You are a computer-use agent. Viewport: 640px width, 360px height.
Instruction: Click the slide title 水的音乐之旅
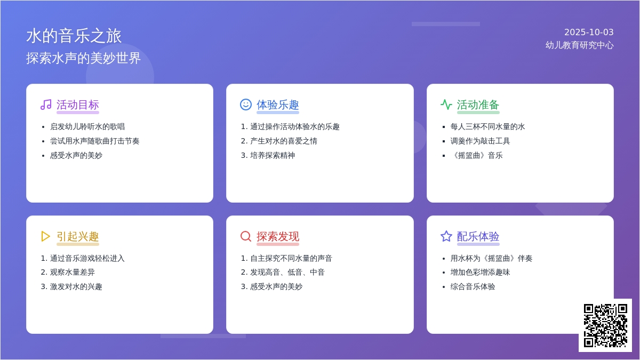pos(74,36)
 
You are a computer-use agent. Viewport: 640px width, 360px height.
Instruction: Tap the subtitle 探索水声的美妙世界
pos(83,58)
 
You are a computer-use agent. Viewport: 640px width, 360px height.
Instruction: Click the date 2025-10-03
pos(589,33)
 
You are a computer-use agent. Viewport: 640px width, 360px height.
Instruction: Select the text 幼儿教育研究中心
pos(579,45)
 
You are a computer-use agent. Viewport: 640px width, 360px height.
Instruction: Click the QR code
pos(605,325)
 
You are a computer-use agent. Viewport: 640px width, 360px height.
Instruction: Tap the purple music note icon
pos(46,105)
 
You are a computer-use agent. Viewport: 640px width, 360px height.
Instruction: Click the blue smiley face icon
pos(246,105)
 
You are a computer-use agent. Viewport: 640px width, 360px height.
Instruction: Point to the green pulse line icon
pos(446,105)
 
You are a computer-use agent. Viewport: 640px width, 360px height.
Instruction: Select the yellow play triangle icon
pos(45,236)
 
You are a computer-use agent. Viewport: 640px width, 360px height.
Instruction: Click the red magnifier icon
pos(246,236)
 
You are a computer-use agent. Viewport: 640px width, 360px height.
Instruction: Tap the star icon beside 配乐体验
pos(446,236)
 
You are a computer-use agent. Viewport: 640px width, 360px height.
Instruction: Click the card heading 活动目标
pos(78,105)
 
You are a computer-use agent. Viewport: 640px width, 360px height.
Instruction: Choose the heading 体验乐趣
pos(278,105)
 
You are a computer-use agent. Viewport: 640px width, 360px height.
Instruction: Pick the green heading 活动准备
pos(478,105)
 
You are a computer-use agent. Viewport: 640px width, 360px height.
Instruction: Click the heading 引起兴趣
pos(78,237)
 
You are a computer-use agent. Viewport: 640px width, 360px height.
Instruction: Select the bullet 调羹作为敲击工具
pos(480,141)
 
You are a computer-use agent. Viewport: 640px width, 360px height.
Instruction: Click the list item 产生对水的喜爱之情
pos(284,141)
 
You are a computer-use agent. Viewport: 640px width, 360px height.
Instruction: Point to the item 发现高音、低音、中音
pos(287,273)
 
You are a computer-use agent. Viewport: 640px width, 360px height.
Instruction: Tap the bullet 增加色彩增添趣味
pos(480,273)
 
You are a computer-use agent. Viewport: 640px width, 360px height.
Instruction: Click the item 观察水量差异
pos(73,273)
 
